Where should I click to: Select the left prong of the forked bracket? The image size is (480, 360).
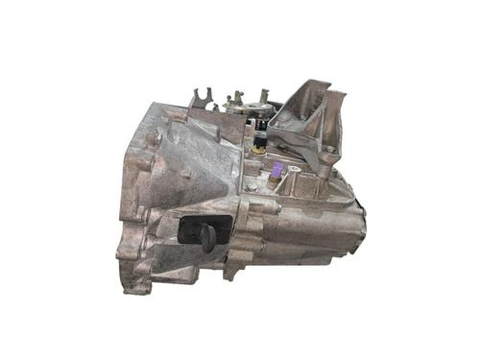(x=196, y=97)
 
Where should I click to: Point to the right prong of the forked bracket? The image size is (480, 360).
(x=210, y=95)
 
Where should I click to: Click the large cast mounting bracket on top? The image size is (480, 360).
(x=307, y=120)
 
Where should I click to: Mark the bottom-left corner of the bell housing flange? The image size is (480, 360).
(x=125, y=277)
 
